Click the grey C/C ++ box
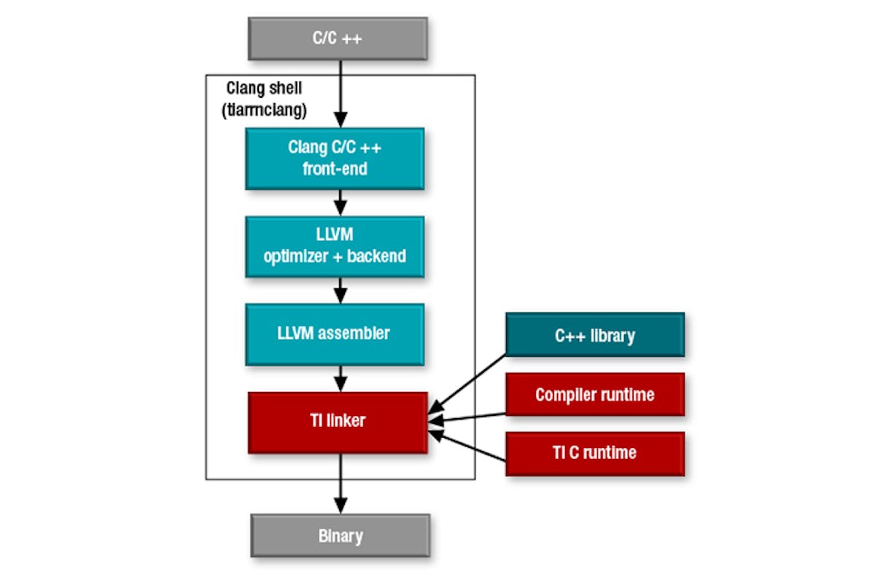(x=337, y=38)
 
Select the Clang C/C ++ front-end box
(x=335, y=158)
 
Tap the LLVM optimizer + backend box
(x=335, y=247)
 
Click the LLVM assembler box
(x=335, y=334)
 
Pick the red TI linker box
(x=337, y=422)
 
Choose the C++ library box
(x=594, y=335)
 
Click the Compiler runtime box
(x=594, y=395)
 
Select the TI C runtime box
(x=594, y=453)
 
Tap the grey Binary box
(x=341, y=536)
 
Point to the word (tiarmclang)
(x=264, y=111)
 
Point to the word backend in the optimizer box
(x=378, y=257)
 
